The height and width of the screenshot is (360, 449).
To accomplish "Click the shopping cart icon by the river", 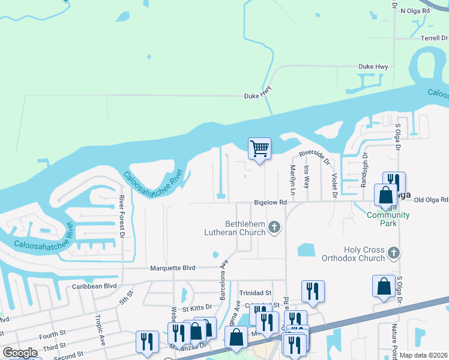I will point(259,148).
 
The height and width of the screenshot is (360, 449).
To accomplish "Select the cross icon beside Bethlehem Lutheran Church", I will point(274,227).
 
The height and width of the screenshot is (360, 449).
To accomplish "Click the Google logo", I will point(20,353).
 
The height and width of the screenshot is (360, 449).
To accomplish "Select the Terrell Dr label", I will point(434,38).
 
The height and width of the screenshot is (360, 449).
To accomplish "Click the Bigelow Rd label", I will point(270,203).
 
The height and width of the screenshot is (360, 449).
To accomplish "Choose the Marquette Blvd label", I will point(173,268).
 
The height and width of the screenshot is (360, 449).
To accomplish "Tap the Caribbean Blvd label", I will point(95,286).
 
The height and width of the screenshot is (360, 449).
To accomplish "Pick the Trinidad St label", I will point(256,293).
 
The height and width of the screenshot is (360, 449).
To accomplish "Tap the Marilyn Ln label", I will point(292,179).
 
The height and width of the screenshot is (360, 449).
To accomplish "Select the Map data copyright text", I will point(423,355).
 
